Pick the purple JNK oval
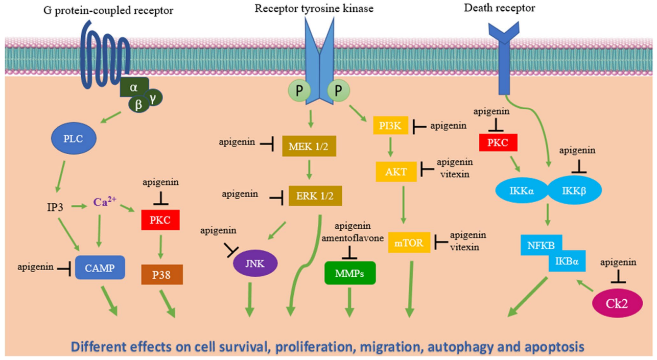click(x=255, y=265)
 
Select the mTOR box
click(x=409, y=243)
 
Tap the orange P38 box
click(x=161, y=274)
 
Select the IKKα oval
click(x=522, y=190)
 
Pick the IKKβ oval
click(x=574, y=190)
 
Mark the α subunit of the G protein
click(x=134, y=87)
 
